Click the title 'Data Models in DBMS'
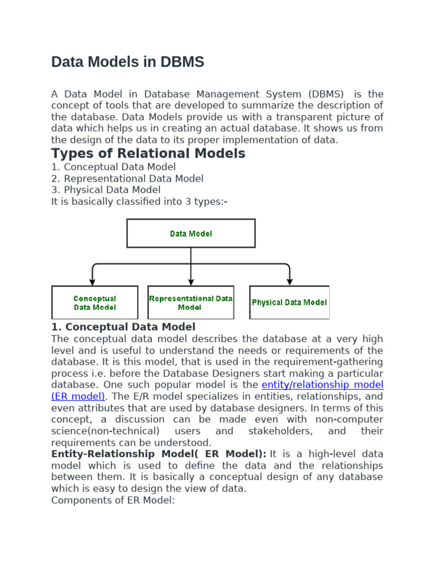point(127,62)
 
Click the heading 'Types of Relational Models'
point(148,153)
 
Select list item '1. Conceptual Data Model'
point(113,167)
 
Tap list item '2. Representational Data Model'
point(127,178)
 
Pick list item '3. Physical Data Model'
point(106,190)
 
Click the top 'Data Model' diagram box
point(191,233)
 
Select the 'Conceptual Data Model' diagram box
point(95,302)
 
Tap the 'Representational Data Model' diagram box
point(190,302)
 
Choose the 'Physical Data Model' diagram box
point(289,302)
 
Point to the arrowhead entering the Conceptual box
point(92,281)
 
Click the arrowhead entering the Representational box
point(191,281)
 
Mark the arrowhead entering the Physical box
point(289,281)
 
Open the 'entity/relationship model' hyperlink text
point(322,385)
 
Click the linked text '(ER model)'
point(78,396)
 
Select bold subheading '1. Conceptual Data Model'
point(123,327)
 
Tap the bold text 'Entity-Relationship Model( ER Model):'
point(159,454)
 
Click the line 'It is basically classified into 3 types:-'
point(139,201)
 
